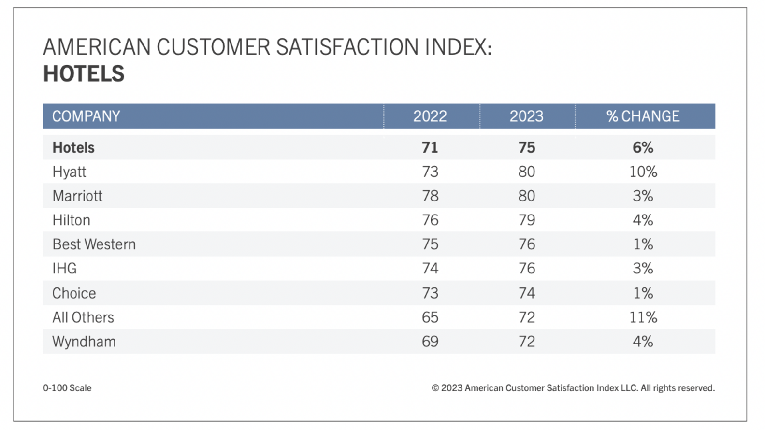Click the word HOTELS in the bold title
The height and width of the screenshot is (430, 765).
pyautogui.click(x=84, y=73)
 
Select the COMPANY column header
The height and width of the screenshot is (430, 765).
pyautogui.click(x=86, y=116)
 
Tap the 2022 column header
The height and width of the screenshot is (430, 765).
pyautogui.click(x=430, y=116)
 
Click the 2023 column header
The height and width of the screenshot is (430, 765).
pyautogui.click(x=526, y=116)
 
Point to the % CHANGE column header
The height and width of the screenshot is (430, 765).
pyautogui.click(x=643, y=116)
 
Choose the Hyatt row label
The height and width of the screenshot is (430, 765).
pyautogui.click(x=69, y=172)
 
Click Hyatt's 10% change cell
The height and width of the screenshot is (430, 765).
pyautogui.click(x=643, y=172)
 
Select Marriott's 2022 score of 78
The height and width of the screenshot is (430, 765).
pyautogui.click(x=430, y=196)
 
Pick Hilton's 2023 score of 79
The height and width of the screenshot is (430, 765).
pyautogui.click(x=526, y=220)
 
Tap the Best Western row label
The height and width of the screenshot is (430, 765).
pyautogui.click(x=94, y=244)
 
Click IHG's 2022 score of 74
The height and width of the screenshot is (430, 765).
pyautogui.click(x=430, y=268)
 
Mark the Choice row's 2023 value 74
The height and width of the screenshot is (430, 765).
pyautogui.click(x=526, y=293)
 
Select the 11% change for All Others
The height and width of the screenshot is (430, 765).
pyautogui.click(x=643, y=317)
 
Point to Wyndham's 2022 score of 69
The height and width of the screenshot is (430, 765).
pyautogui.click(x=430, y=341)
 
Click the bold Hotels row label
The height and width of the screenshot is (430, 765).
pyautogui.click(x=73, y=147)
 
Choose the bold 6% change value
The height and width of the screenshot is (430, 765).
pyautogui.click(x=643, y=147)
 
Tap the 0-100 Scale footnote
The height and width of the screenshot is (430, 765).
pyautogui.click(x=67, y=388)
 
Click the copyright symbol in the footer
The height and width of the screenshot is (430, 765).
pyautogui.click(x=435, y=388)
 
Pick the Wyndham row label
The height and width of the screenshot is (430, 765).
pyautogui.click(x=84, y=341)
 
